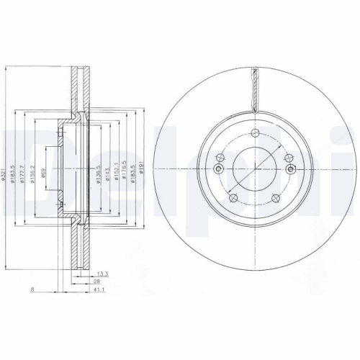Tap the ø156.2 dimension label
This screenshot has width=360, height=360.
[32, 170]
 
